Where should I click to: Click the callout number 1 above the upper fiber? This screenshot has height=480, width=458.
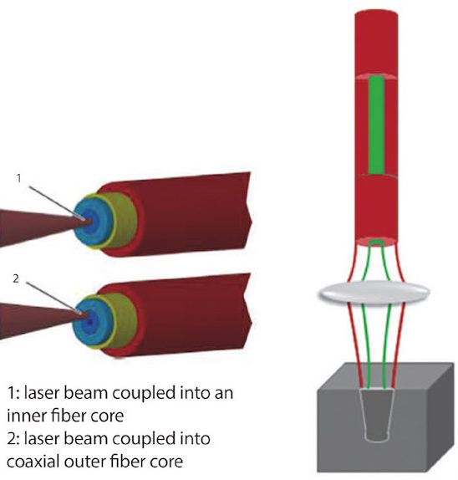coord(19,178)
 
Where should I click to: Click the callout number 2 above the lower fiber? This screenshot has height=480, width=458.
coord(16,278)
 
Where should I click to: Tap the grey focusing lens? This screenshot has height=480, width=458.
coord(374,292)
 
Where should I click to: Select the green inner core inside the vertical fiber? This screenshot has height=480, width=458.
coord(376,125)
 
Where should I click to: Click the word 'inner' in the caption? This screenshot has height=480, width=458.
coord(25,416)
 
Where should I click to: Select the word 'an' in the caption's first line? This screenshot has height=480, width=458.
coord(224,393)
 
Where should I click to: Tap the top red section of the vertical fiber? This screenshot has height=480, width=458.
coord(376,43)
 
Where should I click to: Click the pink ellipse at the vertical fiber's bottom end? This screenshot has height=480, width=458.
coord(376,242)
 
